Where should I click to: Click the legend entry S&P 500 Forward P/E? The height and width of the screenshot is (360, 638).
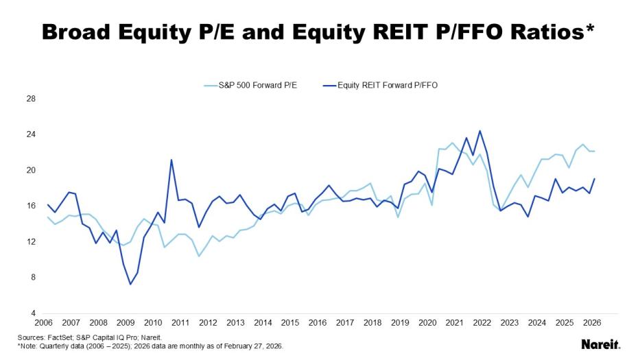(x=259, y=85)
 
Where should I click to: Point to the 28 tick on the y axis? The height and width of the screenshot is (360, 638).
(x=31, y=99)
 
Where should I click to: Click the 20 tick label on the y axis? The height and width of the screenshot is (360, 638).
(x=31, y=170)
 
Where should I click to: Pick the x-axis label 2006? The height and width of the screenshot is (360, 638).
(x=43, y=323)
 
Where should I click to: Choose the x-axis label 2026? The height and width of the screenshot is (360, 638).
(x=593, y=323)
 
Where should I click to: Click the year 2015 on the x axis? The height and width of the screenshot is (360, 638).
(x=290, y=323)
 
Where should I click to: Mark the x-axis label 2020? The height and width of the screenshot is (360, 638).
(x=427, y=323)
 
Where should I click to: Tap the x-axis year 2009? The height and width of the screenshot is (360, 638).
(x=126, y=323)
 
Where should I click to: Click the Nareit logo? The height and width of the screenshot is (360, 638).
(x=601, y=344)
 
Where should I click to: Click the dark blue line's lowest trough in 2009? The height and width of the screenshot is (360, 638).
(x=130, y=284)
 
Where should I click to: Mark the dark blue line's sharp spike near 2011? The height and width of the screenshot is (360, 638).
(x=172, y=160)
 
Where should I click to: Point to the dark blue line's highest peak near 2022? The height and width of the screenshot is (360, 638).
(x=480, y=131)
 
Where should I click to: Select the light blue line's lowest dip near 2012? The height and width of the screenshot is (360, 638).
(x=199, y=256)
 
